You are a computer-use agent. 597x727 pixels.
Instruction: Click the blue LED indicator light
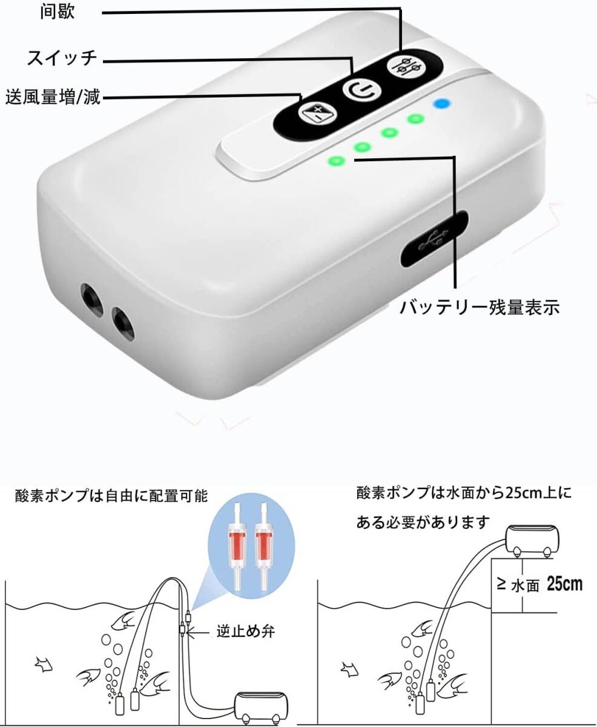[x=442, y=104]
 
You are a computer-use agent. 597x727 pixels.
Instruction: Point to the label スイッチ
[x=62, y=59]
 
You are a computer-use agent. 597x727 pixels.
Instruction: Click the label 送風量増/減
[x=53, y=97]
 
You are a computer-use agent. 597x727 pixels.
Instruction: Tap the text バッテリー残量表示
[x=478, y=307]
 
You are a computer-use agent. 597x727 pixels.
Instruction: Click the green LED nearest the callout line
[x=335, y=161]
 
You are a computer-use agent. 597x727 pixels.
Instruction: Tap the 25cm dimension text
[x=564, y=585]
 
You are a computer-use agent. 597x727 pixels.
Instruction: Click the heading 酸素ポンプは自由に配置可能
[x=111, y=497]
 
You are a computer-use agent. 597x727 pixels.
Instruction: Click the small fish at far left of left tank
[x=44, y=664]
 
